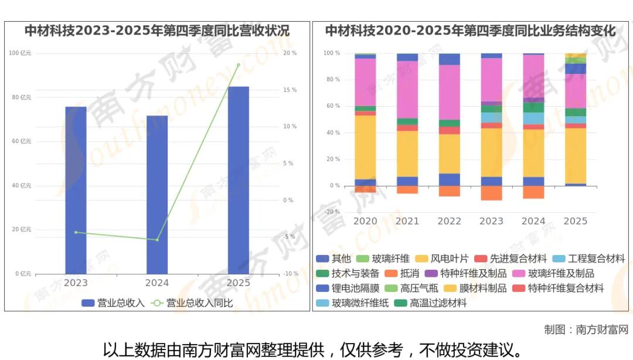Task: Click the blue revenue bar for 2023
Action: coord(76,190)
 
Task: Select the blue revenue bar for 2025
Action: coord(238,180)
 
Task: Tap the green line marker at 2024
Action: coord(157,240)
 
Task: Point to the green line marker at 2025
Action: coord(238,65)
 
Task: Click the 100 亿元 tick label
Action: coord(21,53)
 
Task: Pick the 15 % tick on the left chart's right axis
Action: coord(290,90)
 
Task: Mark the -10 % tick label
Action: coord(290,274)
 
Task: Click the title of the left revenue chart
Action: coord(157,30)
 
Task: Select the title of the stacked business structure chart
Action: coord(471,30)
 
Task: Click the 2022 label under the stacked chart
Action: coord(450,221)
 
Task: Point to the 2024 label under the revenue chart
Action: coord(157,283)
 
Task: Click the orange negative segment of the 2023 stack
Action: coord(491,193)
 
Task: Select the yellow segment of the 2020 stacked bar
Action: coord(365,147)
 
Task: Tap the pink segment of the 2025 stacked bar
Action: coord(575,91)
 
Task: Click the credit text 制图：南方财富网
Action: coord(586,330)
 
